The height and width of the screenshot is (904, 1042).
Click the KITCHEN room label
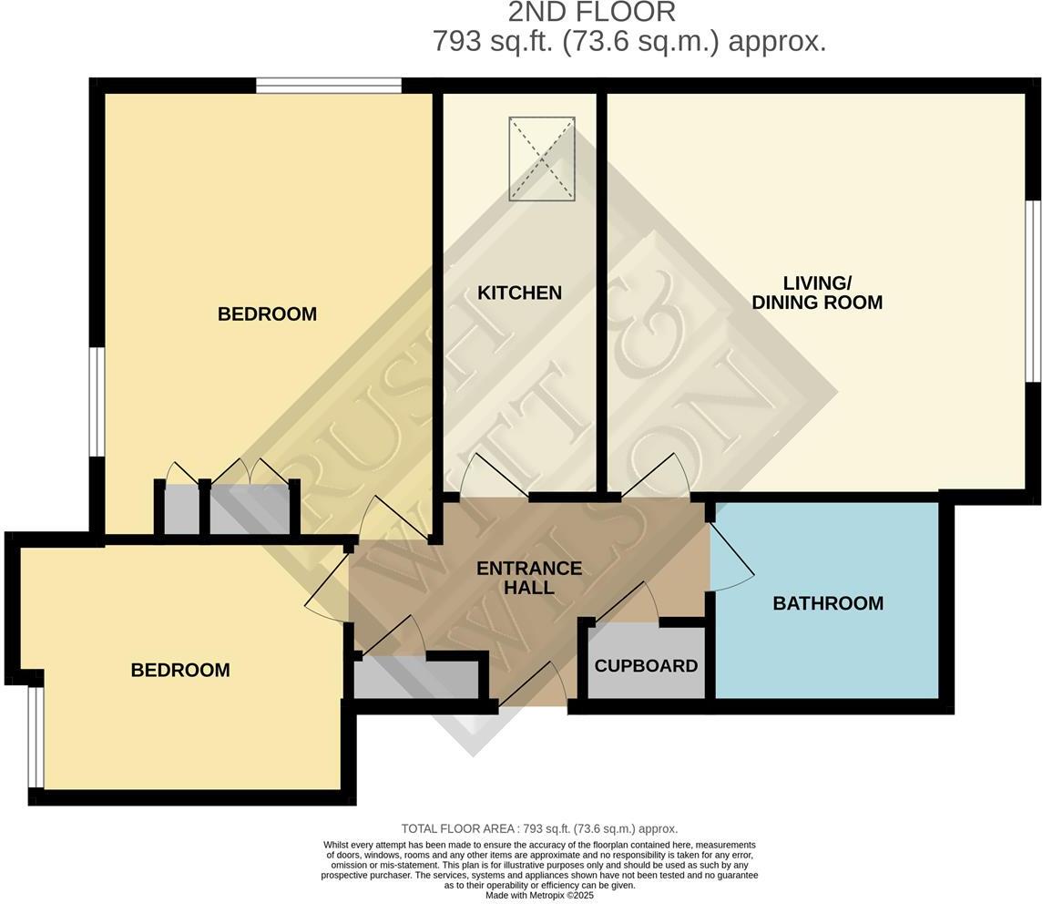click(519, 293)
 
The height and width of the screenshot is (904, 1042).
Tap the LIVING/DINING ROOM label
click(816, 293)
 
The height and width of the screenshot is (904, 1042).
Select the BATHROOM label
click(827, 602)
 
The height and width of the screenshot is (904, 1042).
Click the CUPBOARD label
click(646, 665)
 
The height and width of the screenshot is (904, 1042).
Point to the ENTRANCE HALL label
click(529, 578)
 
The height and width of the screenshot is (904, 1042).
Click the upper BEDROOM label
click(267, 314)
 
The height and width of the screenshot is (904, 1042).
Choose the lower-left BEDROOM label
click(180, 670)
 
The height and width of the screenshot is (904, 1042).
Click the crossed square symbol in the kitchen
click(542, 159)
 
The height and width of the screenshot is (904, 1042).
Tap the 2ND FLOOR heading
click(591, 12)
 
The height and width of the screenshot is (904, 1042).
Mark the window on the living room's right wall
click(1033, 291)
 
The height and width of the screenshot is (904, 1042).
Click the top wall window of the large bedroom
click(328, 86)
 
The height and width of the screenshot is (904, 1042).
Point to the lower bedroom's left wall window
click(35, 736)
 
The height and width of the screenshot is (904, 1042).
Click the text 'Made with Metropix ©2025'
click(539, 895)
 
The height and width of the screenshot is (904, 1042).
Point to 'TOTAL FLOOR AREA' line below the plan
click(539, 828)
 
